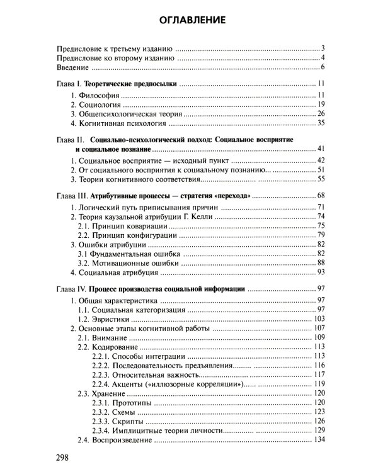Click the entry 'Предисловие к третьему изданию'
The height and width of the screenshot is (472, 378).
click(x=115, y=48)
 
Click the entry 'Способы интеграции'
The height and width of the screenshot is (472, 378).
click(x=147, y=356)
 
